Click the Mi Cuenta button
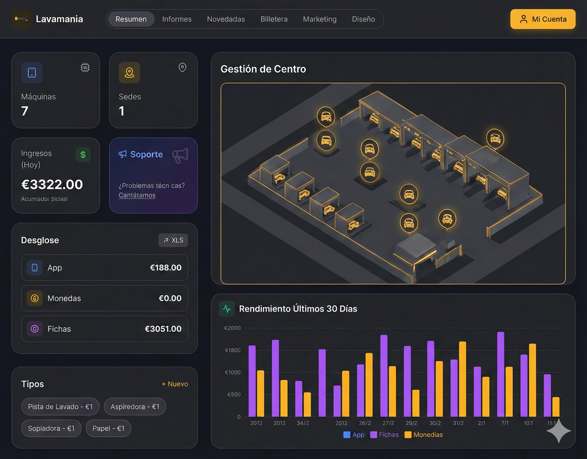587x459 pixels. [543, 19]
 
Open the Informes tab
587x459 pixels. [177, 19]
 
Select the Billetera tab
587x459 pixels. [274, 19]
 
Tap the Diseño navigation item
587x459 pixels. [363, 19]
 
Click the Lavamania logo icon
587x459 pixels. [21, 19]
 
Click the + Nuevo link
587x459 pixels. [175, 384]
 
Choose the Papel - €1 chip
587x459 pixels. [108, 428]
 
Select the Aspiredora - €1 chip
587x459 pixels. [135, 406]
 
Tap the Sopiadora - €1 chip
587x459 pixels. [51, 428]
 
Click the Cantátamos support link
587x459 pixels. [137, 195]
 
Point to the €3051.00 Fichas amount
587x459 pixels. [163, 329]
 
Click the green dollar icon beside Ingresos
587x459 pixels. [83, 155]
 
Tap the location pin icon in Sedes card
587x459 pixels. [182, 67]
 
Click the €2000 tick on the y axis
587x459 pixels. [232, 328]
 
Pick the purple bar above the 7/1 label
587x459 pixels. [501, 374]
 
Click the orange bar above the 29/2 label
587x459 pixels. [416, 403]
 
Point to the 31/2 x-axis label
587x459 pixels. [458, 423]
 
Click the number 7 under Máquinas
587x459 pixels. [25, 111]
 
